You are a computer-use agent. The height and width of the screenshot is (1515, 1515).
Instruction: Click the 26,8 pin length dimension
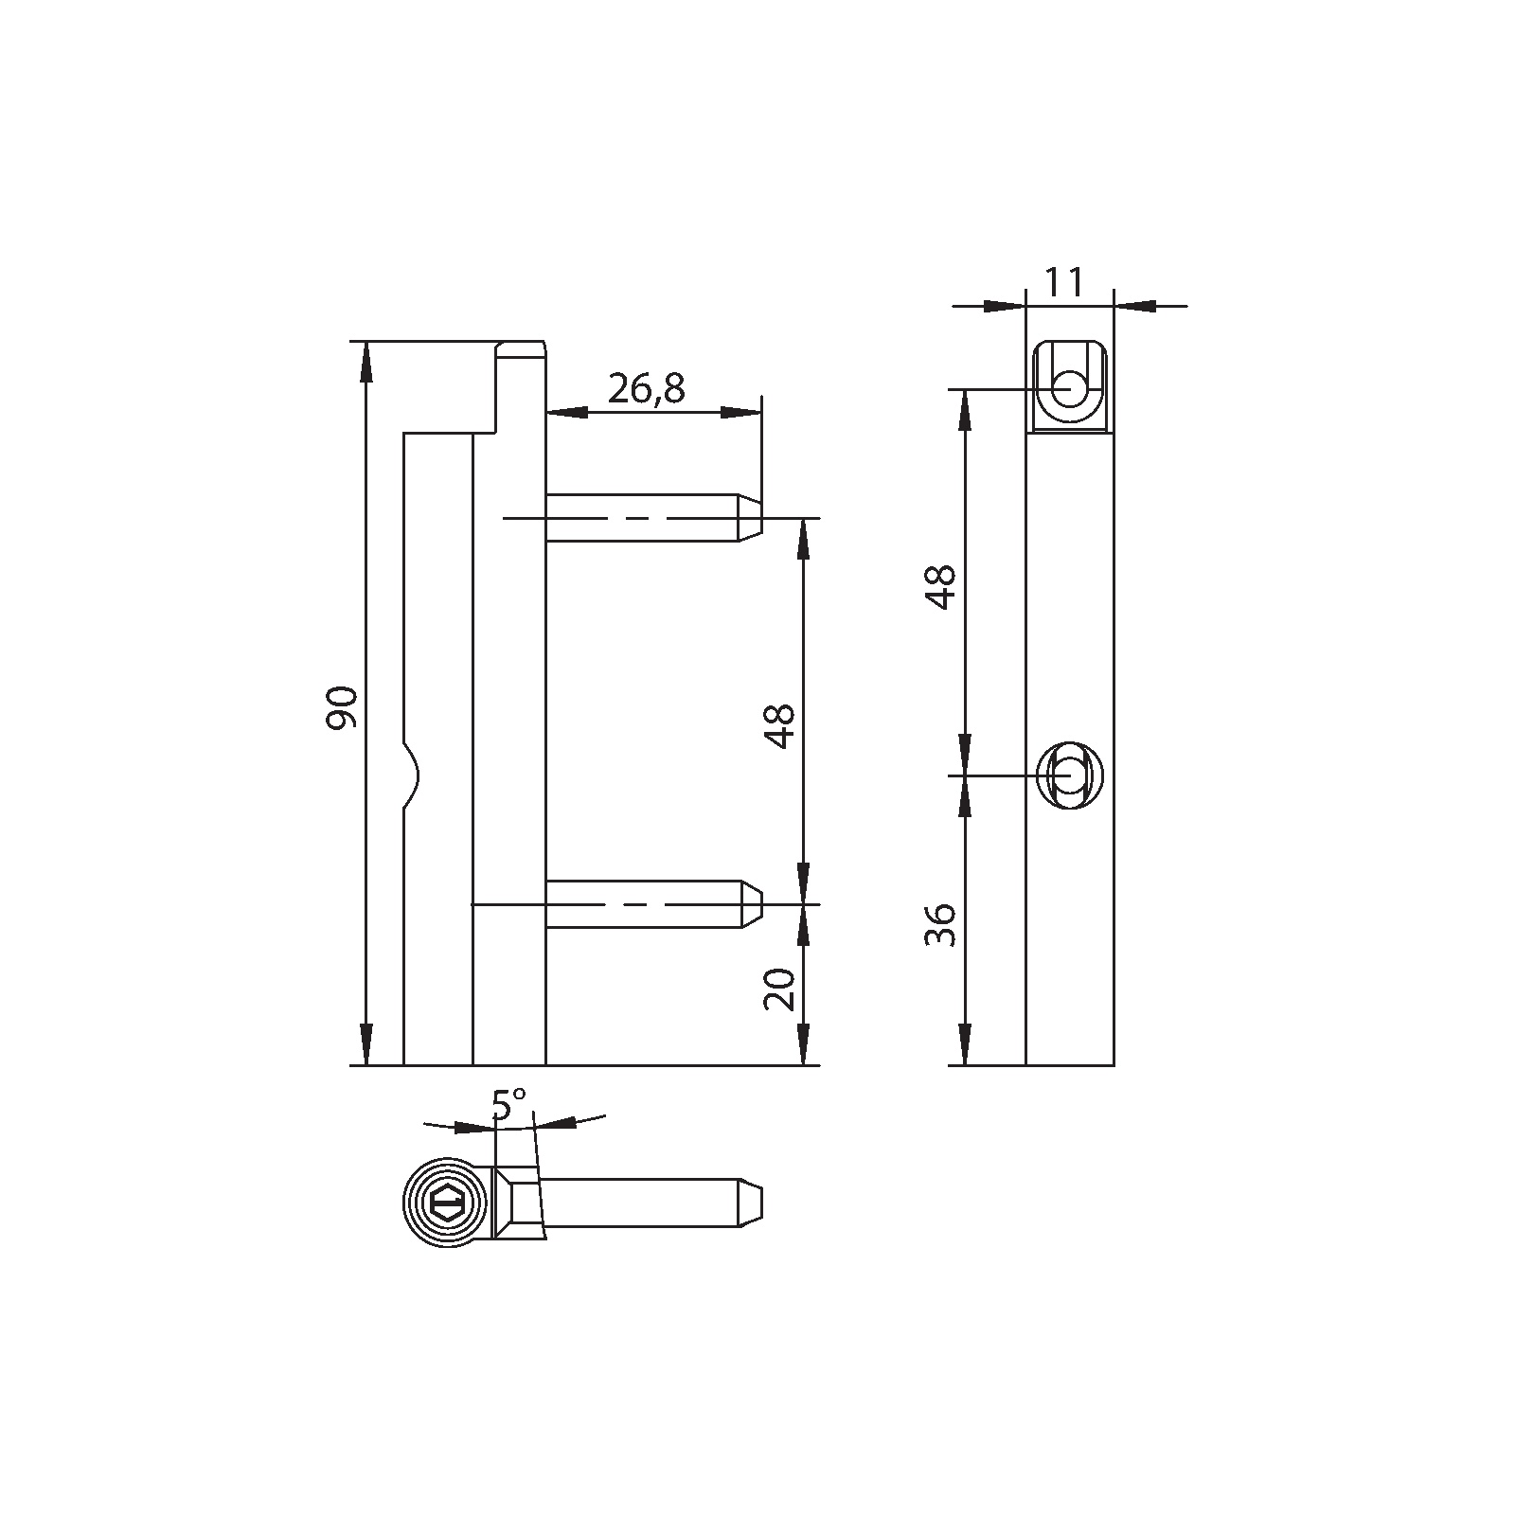click(x=647, y=388)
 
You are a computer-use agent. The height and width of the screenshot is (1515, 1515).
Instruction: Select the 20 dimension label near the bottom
click(x=780, y=989)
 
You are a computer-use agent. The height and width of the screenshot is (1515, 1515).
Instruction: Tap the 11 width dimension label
click(x=1064, y=282)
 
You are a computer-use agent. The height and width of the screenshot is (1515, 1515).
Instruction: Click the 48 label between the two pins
click(x=780, y=726)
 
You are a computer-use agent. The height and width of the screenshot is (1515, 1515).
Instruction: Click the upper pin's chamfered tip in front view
click(x=750, y=517)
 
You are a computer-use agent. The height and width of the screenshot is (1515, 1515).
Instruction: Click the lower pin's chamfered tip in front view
click(x=752, y=904)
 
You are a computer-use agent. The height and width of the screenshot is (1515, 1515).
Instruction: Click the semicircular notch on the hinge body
click(x=412, y=775)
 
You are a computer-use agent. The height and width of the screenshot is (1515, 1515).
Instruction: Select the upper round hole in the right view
click(x=1070, y=387)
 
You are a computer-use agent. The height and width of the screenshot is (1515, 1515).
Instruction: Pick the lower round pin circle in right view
click(x=1069, y=775)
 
